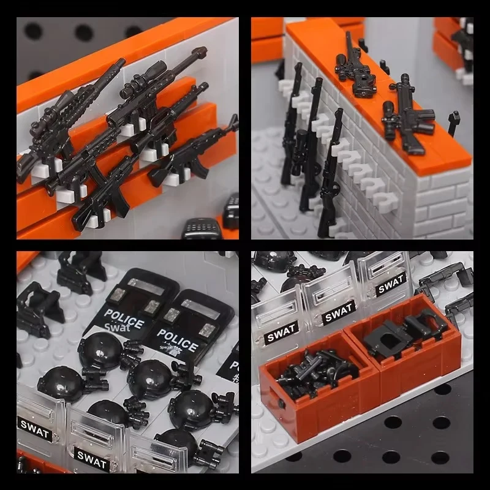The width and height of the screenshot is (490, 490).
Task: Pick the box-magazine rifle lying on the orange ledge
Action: [407, 116]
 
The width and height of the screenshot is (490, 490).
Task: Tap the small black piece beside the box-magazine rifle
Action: [454, 122]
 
